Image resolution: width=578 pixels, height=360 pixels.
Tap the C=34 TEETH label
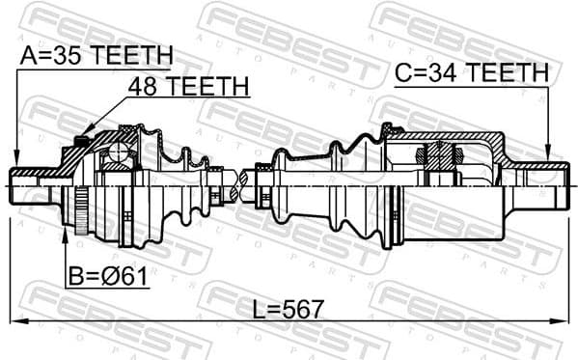coord(471,71)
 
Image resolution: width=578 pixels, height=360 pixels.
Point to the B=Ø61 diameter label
coord(108,278)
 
